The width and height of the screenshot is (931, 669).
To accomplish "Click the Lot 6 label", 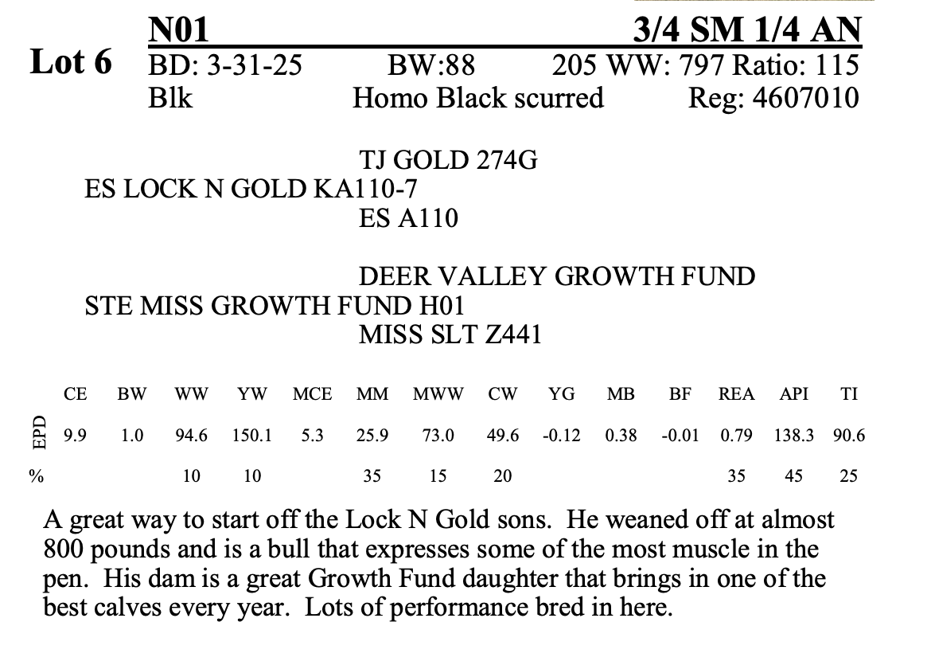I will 71,62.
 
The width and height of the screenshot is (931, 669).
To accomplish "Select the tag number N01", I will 178,30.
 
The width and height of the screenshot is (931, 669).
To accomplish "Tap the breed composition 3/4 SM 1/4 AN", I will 746,30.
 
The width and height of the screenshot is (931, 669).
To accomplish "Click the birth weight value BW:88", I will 430,65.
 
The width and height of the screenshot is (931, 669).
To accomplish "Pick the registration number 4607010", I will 802,98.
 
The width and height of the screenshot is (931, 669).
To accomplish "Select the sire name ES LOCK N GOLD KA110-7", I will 251,189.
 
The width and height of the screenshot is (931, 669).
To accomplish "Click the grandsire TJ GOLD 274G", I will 448,161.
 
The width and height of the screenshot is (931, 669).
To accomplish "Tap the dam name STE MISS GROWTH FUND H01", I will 275,305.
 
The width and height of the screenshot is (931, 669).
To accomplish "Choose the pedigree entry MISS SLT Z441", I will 450,334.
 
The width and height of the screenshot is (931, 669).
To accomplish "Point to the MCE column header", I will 312,393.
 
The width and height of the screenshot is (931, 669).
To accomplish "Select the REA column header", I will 737,393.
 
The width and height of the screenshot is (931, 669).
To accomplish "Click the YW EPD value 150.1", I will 252,436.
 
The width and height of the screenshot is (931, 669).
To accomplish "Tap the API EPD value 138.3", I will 793,436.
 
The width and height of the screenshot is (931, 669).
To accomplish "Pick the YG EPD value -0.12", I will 561,436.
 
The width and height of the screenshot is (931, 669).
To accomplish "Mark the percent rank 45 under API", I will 793,476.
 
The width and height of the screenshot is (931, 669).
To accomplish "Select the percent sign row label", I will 36,476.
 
